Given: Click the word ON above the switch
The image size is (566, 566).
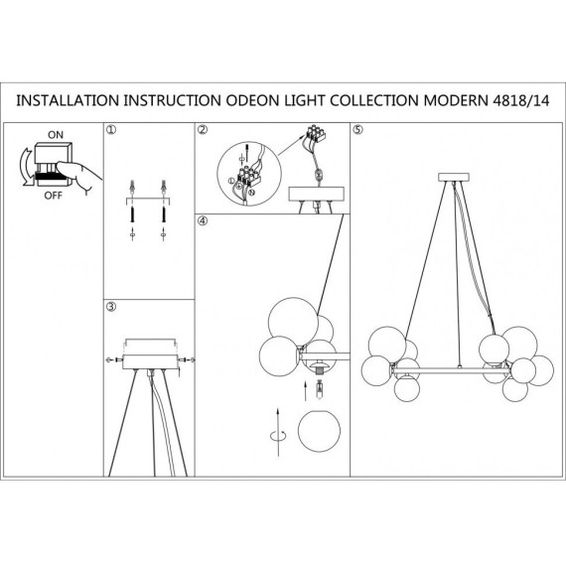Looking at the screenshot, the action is point(56,135).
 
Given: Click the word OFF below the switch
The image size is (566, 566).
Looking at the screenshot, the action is point(54,196).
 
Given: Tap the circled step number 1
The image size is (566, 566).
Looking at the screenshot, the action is point(111,130).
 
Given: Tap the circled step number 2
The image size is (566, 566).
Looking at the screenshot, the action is point(203,130).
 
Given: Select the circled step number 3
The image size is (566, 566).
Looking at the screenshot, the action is point(111,307).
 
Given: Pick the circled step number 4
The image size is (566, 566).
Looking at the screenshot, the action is point(203,220).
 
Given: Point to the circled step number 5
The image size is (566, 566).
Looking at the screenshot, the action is point(357,130).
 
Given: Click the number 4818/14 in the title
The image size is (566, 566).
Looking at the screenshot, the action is point(521,100).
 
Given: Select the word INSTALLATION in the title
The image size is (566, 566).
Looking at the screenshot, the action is point(68,100).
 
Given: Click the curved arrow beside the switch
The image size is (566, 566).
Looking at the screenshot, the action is point(25,167).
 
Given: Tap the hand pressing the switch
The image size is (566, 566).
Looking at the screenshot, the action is point(79,175).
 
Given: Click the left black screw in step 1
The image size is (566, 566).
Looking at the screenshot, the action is point(132,214).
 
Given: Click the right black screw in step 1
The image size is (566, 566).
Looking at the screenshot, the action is point(164,214).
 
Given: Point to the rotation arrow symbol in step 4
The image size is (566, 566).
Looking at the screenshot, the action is point(278,435).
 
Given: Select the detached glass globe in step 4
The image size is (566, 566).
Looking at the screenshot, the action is point(319,431).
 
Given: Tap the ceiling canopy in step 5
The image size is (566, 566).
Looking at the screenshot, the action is point(454,177).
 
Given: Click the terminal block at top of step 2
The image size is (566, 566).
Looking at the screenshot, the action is point(316,133).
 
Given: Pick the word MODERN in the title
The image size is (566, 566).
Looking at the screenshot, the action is point(456,100).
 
